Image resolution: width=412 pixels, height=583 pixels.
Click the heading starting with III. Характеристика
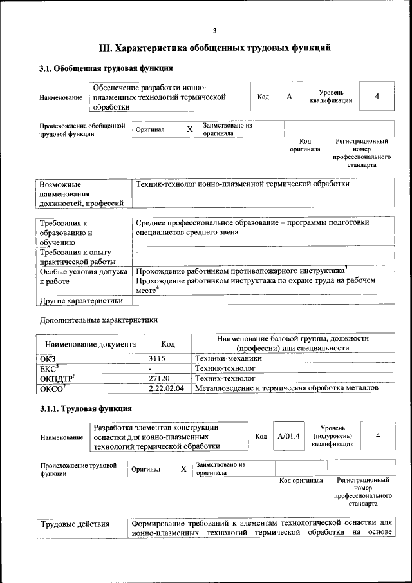click(215, 48)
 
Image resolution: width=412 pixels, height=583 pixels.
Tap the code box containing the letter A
click(290, 97)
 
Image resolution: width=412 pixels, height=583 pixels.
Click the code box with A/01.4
click(289, 436)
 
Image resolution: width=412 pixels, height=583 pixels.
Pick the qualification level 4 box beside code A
click(377, 97)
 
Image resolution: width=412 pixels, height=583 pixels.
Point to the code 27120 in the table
click(159, 379)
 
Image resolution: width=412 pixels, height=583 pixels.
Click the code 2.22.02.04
click(166, 388)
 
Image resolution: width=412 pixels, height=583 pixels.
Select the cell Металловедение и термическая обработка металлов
click(286, 388)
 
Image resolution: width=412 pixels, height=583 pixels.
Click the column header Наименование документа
click(90, 345)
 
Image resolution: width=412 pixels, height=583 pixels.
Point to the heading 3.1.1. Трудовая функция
click(86, 408)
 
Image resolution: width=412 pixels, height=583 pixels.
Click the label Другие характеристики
click(81, 301)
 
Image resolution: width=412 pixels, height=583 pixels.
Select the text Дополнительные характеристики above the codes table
click(98, 320)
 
